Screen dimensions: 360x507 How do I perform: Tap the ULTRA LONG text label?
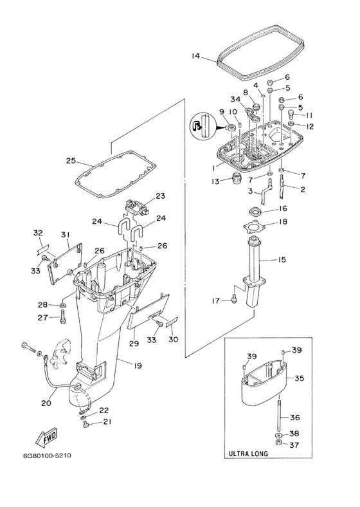248,454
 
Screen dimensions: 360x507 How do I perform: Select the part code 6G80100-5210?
47,456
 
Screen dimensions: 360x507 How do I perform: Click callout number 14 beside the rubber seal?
195,56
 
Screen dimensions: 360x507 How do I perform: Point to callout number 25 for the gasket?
71,161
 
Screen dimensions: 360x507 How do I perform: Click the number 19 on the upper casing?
138,365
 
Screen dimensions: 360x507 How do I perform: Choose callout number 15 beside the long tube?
282,260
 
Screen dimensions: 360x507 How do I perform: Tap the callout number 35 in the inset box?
300,378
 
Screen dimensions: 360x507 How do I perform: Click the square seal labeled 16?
256,212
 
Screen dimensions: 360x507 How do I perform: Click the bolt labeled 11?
291,113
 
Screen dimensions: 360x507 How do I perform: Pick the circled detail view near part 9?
203,126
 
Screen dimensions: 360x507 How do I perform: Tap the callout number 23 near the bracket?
160,196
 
